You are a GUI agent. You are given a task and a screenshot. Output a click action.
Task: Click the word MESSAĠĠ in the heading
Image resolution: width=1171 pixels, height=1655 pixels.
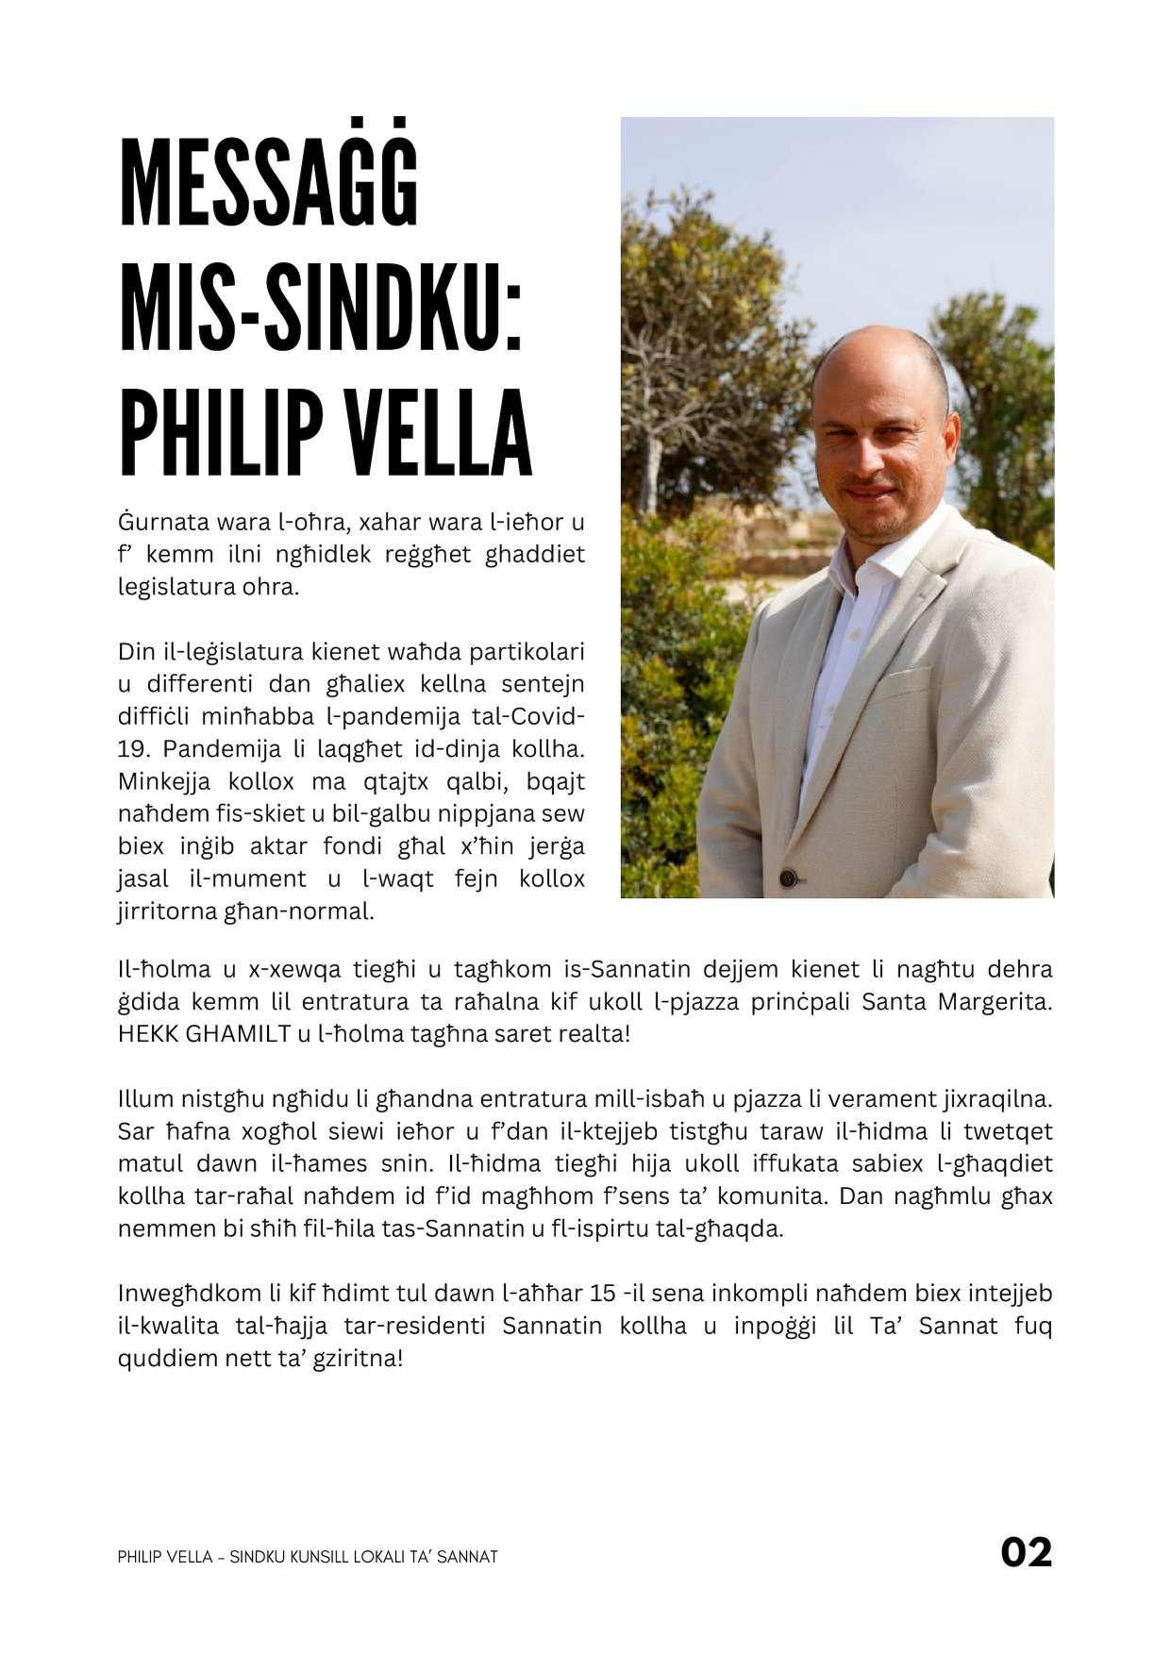click(269, 186)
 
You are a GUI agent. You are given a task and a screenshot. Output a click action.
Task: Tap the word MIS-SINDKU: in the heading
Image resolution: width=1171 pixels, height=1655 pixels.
click(321, 308)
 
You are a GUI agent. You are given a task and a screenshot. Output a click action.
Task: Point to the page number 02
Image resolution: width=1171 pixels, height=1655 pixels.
click(1026, 1551)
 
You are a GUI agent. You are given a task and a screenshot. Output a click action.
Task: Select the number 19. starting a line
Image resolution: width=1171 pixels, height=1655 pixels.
click(135, 749)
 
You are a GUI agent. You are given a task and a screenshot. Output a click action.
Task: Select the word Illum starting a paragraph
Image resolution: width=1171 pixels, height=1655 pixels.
click(143, 1099)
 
